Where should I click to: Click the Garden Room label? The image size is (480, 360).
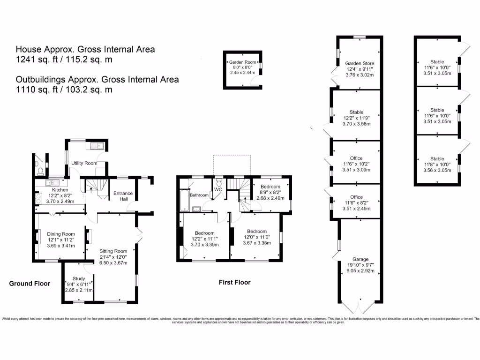[x=242, y=62]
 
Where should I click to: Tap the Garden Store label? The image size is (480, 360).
[x=360, y=63]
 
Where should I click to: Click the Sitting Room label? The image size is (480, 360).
[x=113, y=251]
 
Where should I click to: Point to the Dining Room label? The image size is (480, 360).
[x=61, y=234]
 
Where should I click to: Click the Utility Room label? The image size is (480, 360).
[x=84, y=163]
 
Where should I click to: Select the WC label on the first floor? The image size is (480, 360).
[x=217, y=189]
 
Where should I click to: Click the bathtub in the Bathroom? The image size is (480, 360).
[x=184, y=198]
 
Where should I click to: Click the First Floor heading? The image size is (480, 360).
[x=234, y=282]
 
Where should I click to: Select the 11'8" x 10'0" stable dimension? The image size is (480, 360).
[x=437, y=165]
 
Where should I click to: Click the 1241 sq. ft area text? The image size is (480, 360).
[x=64, y=60]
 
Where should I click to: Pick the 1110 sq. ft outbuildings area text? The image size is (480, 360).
[x=64, y=90]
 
